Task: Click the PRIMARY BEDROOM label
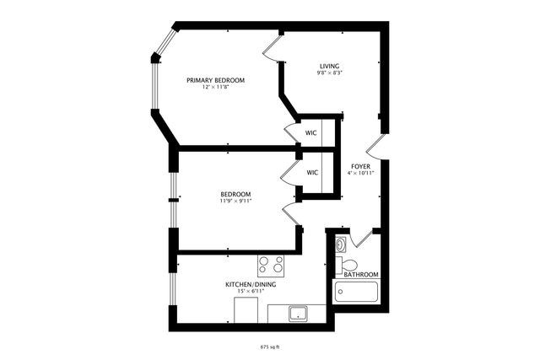click(x=216, y=80)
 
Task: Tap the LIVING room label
click(x=330, y=66)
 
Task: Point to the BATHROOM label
click(x=360, y=275)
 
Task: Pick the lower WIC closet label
click(x=312, y=172)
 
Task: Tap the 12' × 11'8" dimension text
click(x=217, y=88)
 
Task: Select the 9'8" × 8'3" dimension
click(x=330, y=73)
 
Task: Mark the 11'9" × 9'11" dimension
click(x=235, y=202)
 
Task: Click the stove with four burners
click(x=272, y=266)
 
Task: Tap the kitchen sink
click(x=297, y=314)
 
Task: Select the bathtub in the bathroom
click(x=357, y=292)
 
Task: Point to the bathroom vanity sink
click(x=340, y=244)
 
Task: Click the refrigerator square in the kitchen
click(x=246, y=310)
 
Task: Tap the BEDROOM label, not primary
click(x=235, y=195)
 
